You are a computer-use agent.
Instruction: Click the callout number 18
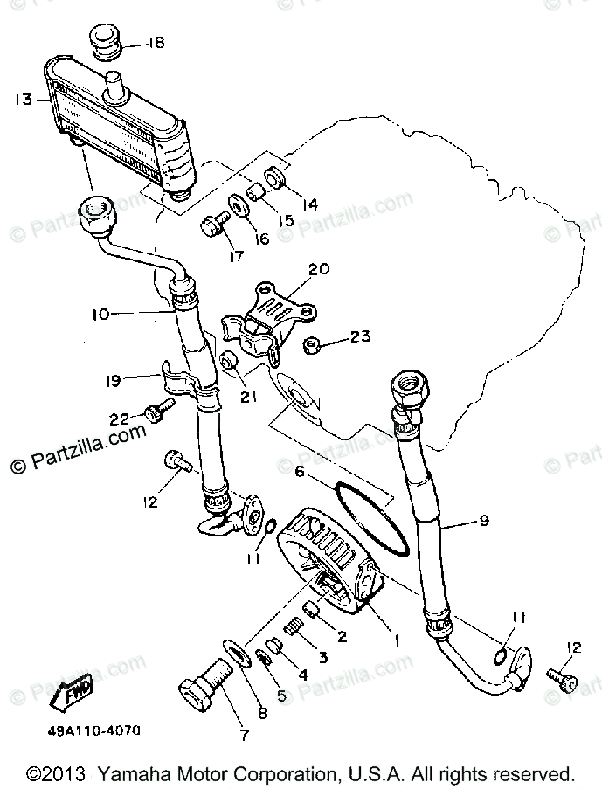[155, 41]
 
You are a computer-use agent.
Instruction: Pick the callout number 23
[360, 336]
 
